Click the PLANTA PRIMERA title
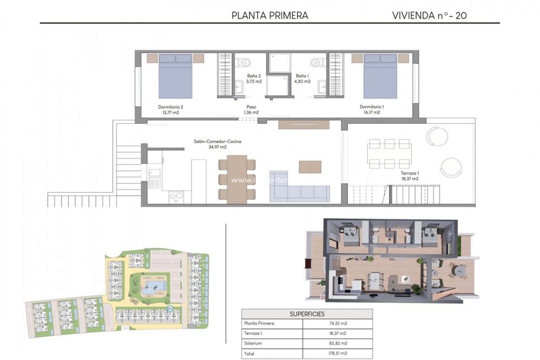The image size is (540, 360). click(x=270, y=15)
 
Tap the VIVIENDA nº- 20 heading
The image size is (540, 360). click(x=430, y=15)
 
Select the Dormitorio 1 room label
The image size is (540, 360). click(x=372, y=109)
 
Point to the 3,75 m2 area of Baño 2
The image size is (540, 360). click(x=254, y=81)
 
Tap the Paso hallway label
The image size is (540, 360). click(x=251, y=107)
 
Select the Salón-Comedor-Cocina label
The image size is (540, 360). click(x=217, y=141)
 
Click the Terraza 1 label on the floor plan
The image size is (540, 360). click(x=409, y=173)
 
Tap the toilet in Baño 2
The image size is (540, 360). click(x=244, y=63)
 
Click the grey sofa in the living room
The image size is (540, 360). click(x=299, y=193)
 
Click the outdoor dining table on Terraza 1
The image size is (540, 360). click(x=390, y=153)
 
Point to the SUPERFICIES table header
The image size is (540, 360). click(x=307, y=314)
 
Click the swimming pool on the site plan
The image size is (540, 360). click(x=149, y=287)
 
